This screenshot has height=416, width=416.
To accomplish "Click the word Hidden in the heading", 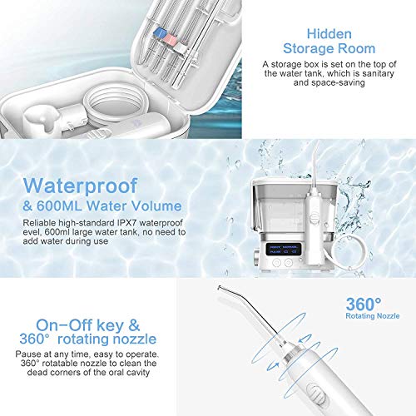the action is [329, 34].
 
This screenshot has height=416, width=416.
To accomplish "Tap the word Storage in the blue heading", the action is [305, 49].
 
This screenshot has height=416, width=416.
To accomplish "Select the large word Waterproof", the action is [80, 186].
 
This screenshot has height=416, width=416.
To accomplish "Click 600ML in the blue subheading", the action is [59, 206].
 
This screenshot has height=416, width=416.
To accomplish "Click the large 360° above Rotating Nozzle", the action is [364, 304].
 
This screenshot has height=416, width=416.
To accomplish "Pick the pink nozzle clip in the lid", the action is [170, 40].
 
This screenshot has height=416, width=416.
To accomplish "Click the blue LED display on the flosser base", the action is [282, 249].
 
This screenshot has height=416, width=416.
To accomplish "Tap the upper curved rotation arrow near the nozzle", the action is [305, 339].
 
